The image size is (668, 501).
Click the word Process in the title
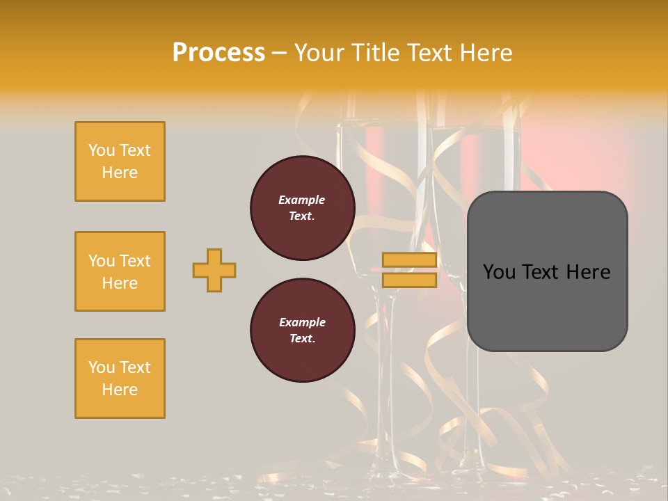coord(218,52)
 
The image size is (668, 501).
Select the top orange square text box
coord(120,161)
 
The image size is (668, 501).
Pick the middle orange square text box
coord(120,271)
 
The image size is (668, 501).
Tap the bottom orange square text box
coord(120,379)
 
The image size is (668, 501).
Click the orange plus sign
coord(214,270)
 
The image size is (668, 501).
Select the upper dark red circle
coord(302,208)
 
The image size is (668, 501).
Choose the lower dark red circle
coord(302,331)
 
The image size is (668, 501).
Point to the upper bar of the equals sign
coord(409,260)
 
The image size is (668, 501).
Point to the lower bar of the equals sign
coord(409,280)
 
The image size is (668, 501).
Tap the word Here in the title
coord(487,52)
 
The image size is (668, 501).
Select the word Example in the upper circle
coord(302,200)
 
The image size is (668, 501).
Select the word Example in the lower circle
coord(302,322)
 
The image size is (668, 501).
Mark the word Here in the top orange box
coord(120,173)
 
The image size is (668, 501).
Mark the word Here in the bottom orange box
coord(120,390)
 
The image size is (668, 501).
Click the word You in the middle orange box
coord(100,261)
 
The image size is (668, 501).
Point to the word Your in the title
coord(320,52)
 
